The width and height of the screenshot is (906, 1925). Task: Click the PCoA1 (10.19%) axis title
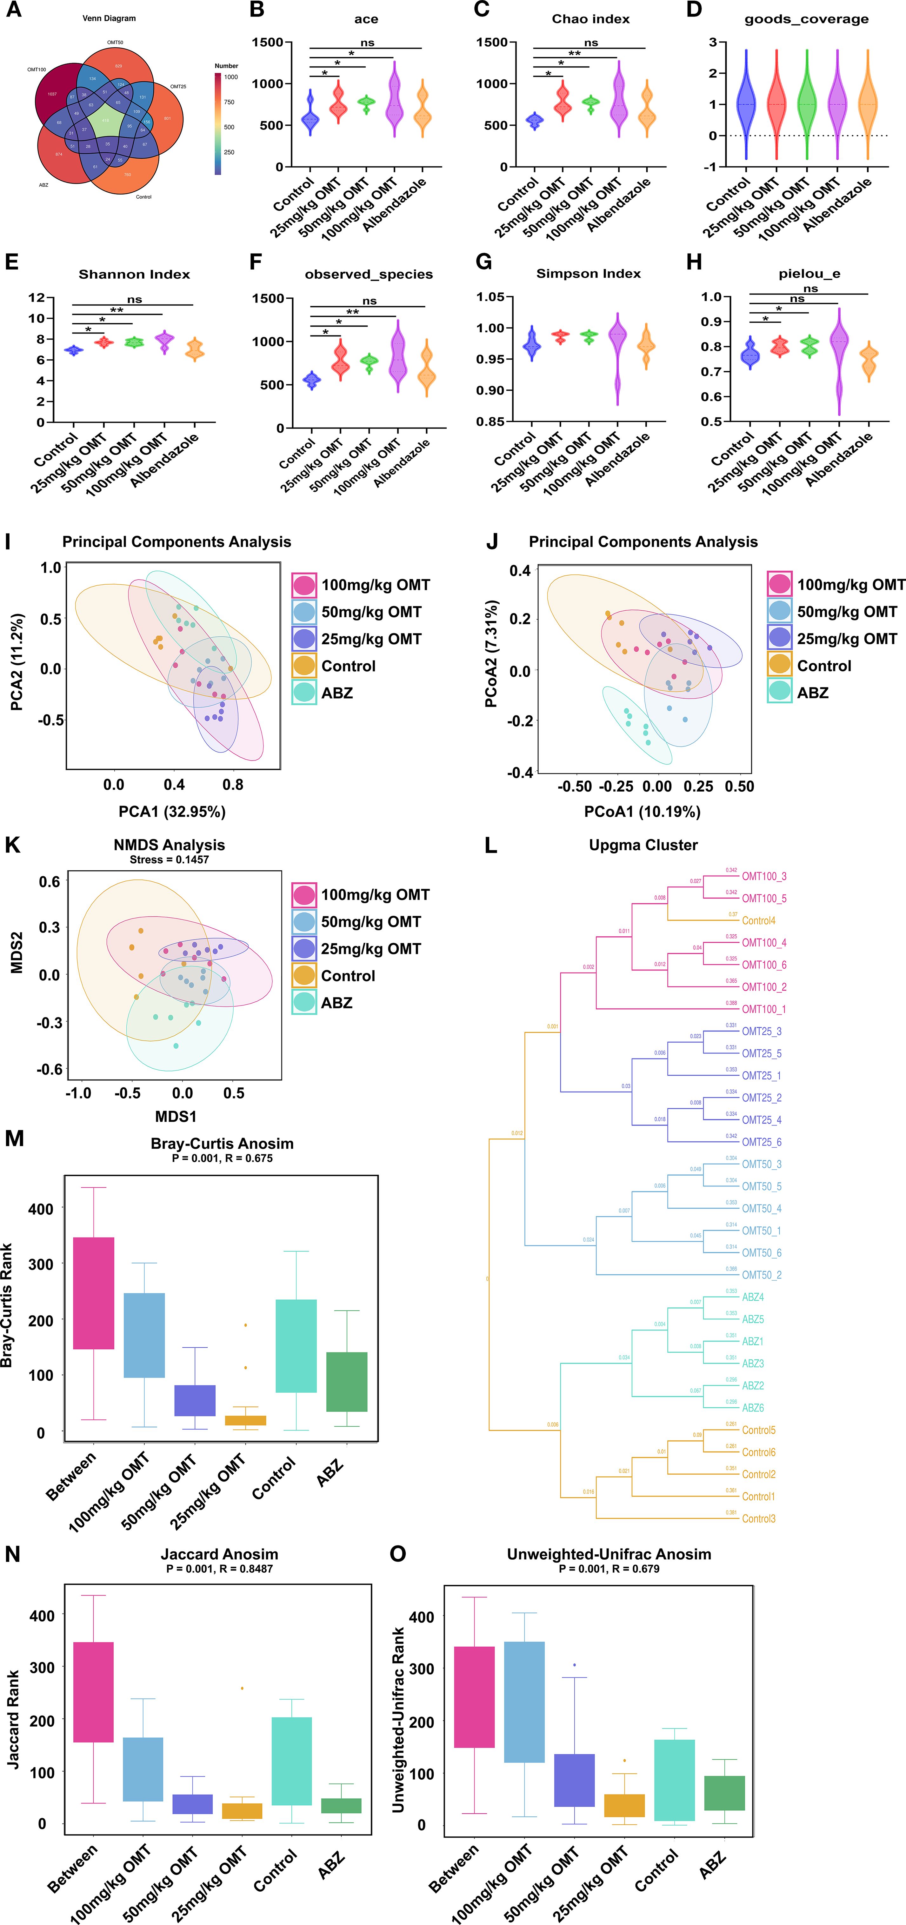pos(642,812)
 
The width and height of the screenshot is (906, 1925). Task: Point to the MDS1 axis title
pos(176,1117)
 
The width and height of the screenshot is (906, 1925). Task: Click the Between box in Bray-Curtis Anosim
pos(93,1293)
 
